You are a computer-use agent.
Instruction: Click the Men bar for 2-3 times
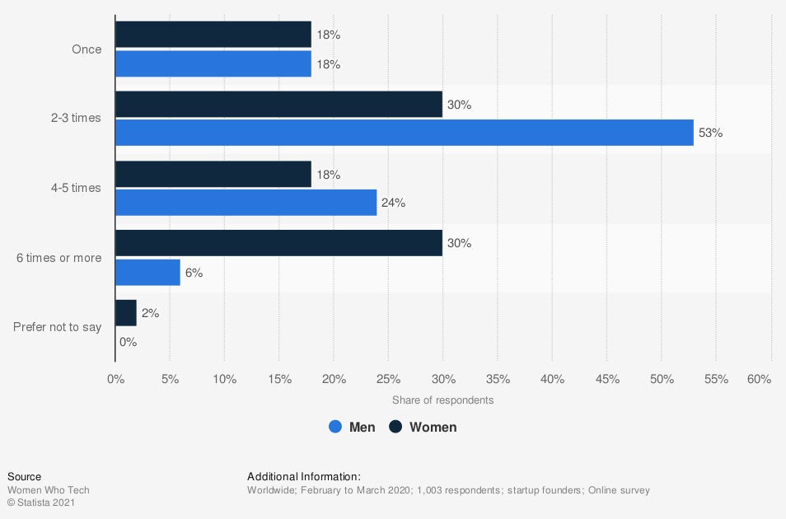pyautogui.click(x=405, y=133)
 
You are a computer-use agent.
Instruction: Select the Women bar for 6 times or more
pyautogui.click(x=278, y=243)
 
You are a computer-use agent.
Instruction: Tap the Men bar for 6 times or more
pyautogui.click(x=147, y=273)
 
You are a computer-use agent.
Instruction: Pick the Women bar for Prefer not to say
pyautogui.click(x=126, y=313)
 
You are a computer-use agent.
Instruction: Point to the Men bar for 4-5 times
pyautogui.click(x=246, y=203)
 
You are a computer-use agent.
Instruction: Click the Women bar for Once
pyautogui.click(x=213, y=35)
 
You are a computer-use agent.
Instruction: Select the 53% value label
pyautogui.click(x=710, y=133)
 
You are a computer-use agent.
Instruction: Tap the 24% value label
pyautogui.click(x=393, y=203)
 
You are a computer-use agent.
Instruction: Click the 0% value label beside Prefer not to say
pyautogui.click(x=128, y=342)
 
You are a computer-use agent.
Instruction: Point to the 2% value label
pyautogui.click(x=150, y=313)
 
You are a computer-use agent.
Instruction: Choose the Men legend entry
pyautogui.click(x=352, y=427)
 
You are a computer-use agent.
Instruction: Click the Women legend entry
pyautogui.click(x=423, y=427)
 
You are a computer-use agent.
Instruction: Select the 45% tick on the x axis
pyautogui.click(x=606, y=379)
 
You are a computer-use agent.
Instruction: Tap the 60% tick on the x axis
pyautogui.click(x=759, y=379)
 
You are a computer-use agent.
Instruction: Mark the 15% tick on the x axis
pyautogui.click(x=278, y=379)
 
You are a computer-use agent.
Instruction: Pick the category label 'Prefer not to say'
pyautogui.click(x=58, y=327)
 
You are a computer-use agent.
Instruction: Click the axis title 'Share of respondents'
pyautogui.click(x=442, y=400)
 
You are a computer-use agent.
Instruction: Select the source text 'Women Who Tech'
pyautogui.click(x=49, y=490)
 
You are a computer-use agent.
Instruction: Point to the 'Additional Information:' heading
pyautogui.click(x=304, y=476)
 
